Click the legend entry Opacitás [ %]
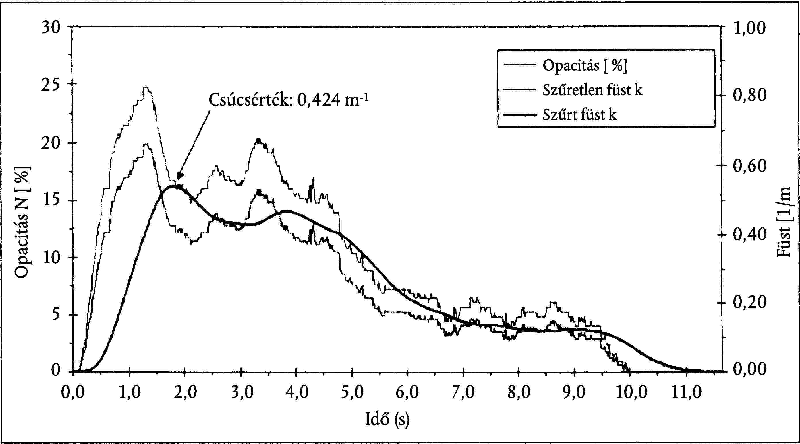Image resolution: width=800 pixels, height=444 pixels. (x=584, y=65)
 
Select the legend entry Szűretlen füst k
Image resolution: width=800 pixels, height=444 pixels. (x=592, y=90)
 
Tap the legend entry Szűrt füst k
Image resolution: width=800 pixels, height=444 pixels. (x=579, y=115)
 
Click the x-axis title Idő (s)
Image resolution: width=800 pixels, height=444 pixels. (x=387, y=420)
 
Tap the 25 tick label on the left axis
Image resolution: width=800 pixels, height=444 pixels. (x=50, y=84)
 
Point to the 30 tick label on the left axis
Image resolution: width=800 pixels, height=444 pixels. (x=50, y=28)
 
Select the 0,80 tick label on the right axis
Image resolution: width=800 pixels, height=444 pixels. (x=749, y=95)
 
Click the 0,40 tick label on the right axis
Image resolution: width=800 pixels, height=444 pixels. (x=749, y=235)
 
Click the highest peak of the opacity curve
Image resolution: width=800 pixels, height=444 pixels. (x=146, y=88)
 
